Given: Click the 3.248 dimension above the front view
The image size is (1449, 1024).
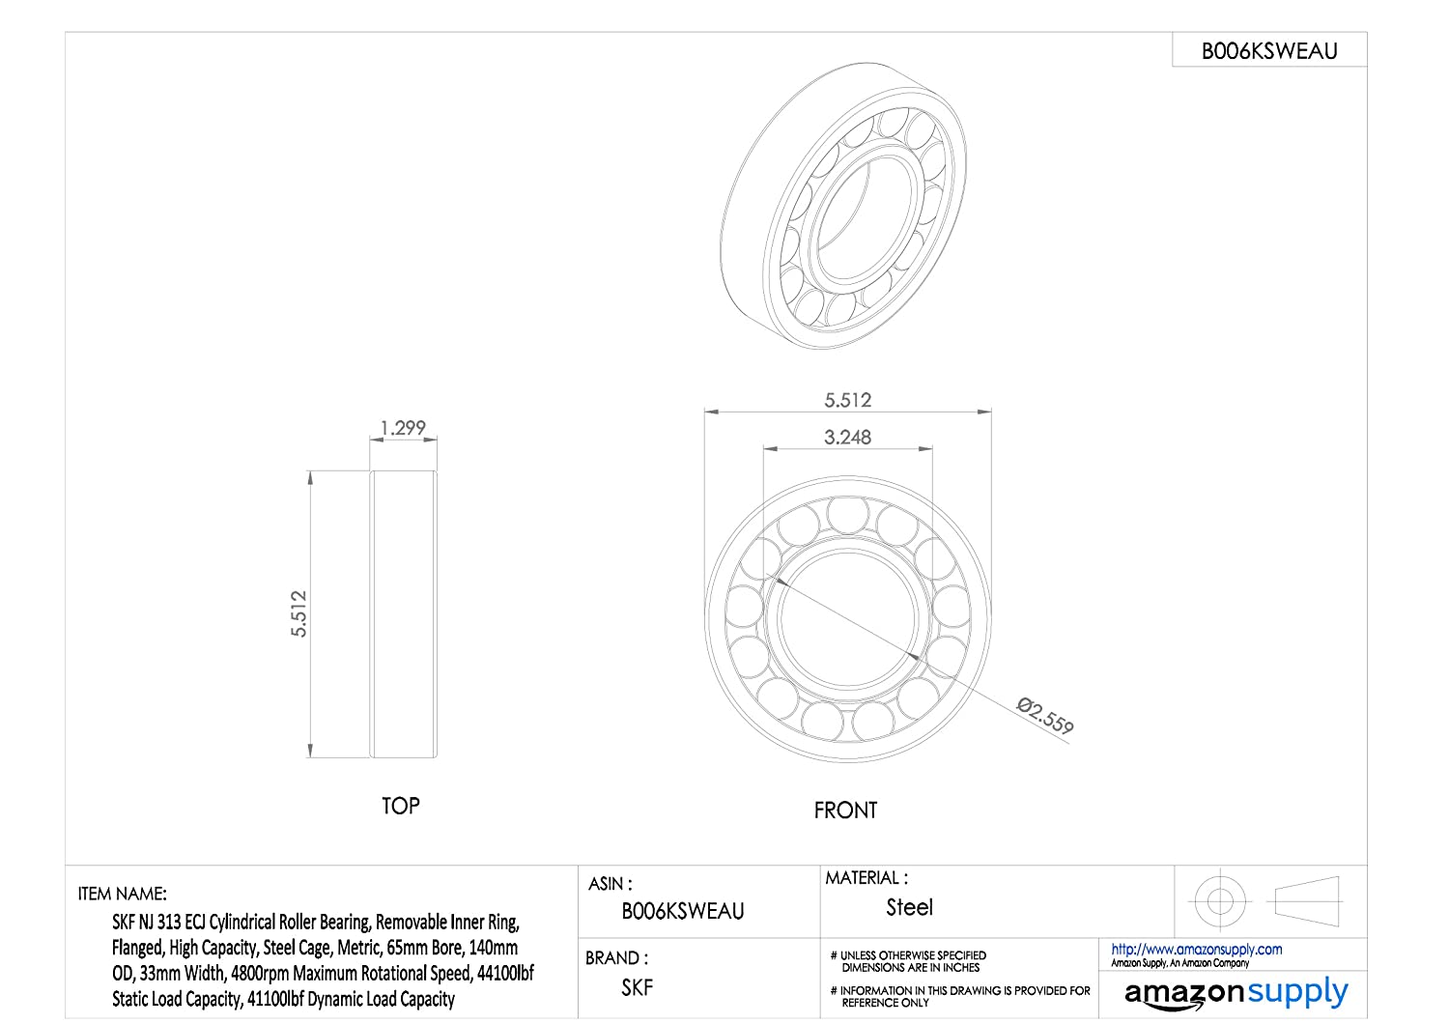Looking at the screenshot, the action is pyautogui.click(x=847, y=438).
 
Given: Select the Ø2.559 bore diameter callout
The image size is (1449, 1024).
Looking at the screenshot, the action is pyautogui.click(x=1044, y=716).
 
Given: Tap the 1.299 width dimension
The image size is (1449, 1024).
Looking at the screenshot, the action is pyautogui.click(x=403, y=428).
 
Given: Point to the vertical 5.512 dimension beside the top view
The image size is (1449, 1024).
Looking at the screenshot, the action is pyautogui.click(x=298, y=613).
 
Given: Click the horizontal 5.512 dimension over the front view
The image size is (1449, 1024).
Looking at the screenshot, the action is pyautogui.click(x=847, y=400).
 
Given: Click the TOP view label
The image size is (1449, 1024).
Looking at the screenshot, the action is pyautogui.click(x=401, y=806).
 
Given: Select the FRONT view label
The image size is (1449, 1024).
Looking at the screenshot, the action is pyautogui.click(x=845, y=810).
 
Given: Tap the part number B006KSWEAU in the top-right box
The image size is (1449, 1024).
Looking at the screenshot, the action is pyautogui.click(x=1269, y=51).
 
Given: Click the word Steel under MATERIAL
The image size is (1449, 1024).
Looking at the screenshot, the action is pyautogui.click(x=910, y=907).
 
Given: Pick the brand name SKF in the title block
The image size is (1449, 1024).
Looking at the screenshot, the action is pyautogui.click(x=638, y=987).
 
